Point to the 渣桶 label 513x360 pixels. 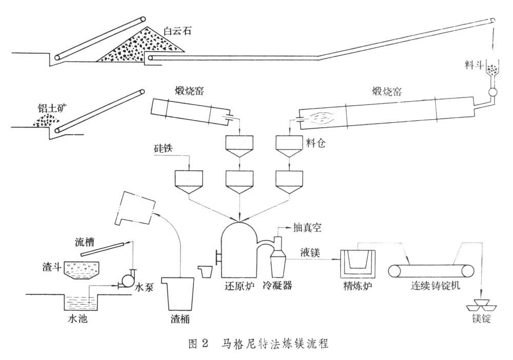coord(179,319)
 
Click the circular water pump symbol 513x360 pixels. coord(125,279)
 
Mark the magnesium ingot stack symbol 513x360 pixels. coord(481,304)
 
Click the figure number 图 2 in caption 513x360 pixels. coord(196,343)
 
